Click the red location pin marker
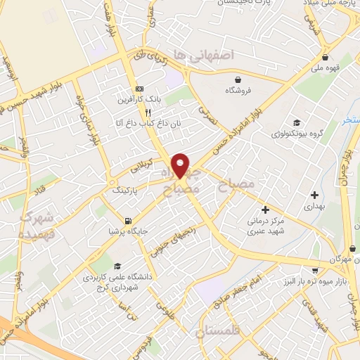pyautogui.click(x=181, y=165)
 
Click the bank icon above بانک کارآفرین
pyautogui.click(x=139, y=89)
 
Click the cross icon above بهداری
pyautogui.click(x=314, y=194)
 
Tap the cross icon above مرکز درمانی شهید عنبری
pyautogui.click(x=265, y=209)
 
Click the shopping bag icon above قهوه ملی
pyautogui.click(x=325, y=58)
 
